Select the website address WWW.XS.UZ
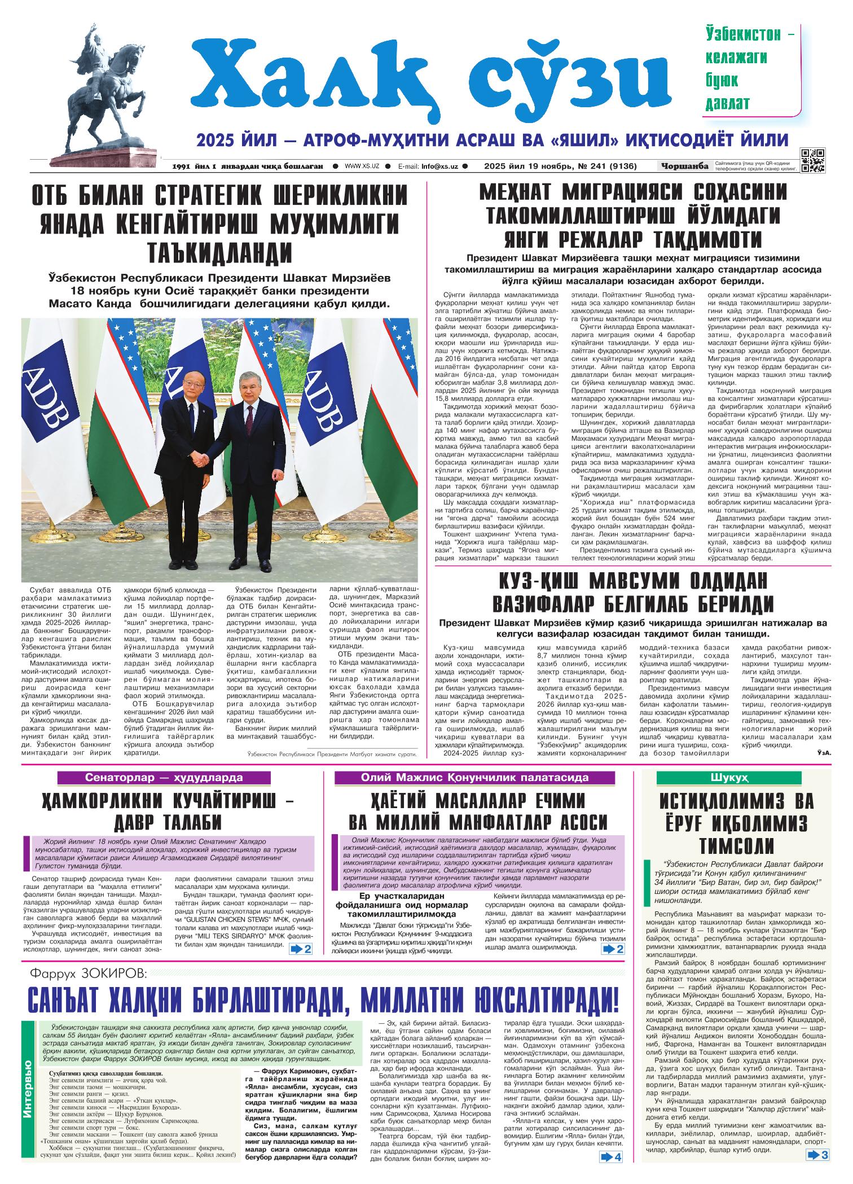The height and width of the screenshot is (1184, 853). [x=362, y=166]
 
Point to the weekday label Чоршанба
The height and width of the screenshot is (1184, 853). [x=684, y=166]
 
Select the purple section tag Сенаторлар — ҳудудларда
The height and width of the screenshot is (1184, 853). [x=164, y=777]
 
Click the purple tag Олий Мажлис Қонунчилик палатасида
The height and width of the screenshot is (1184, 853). [x=478, y=777]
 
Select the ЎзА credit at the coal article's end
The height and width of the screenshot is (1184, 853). [x=823, y=752]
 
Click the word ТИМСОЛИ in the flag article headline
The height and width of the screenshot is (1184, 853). [x=737, y=846]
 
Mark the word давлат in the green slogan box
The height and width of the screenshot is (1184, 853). [x=728, y=103]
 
